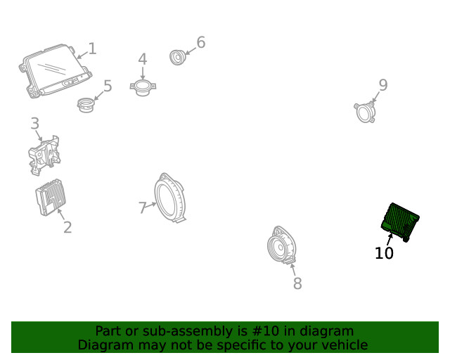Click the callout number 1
tap(92, 49)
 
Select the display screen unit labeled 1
tap(56, 71)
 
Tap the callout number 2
tap(67, 227)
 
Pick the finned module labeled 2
tap(51, 198)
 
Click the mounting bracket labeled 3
tap(44, 155)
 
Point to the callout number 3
tap(34, 124)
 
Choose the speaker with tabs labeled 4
tap(143, 88)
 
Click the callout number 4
tap(143, 59)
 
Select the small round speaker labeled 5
tap(86, 105)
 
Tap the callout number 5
tap(108, 86)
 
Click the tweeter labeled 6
tap(178, 57)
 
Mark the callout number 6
tap(201, 42)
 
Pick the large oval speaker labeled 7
tap(169, 198)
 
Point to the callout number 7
tap(143, 207)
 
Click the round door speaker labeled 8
tap(281, 245)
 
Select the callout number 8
tap(297, 283)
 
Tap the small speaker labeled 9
tap(365, 112)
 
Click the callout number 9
tap(383, 85)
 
